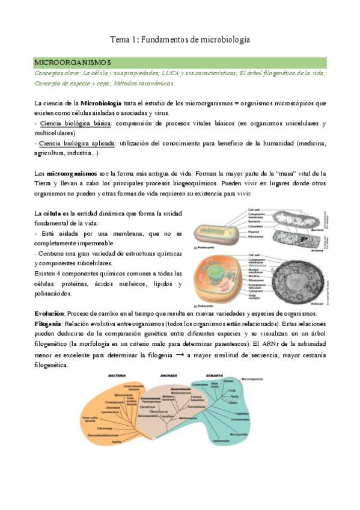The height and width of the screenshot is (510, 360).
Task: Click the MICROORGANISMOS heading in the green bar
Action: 73,63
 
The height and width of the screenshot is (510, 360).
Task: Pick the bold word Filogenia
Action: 49,324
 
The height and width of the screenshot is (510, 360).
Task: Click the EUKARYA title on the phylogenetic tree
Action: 216,376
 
